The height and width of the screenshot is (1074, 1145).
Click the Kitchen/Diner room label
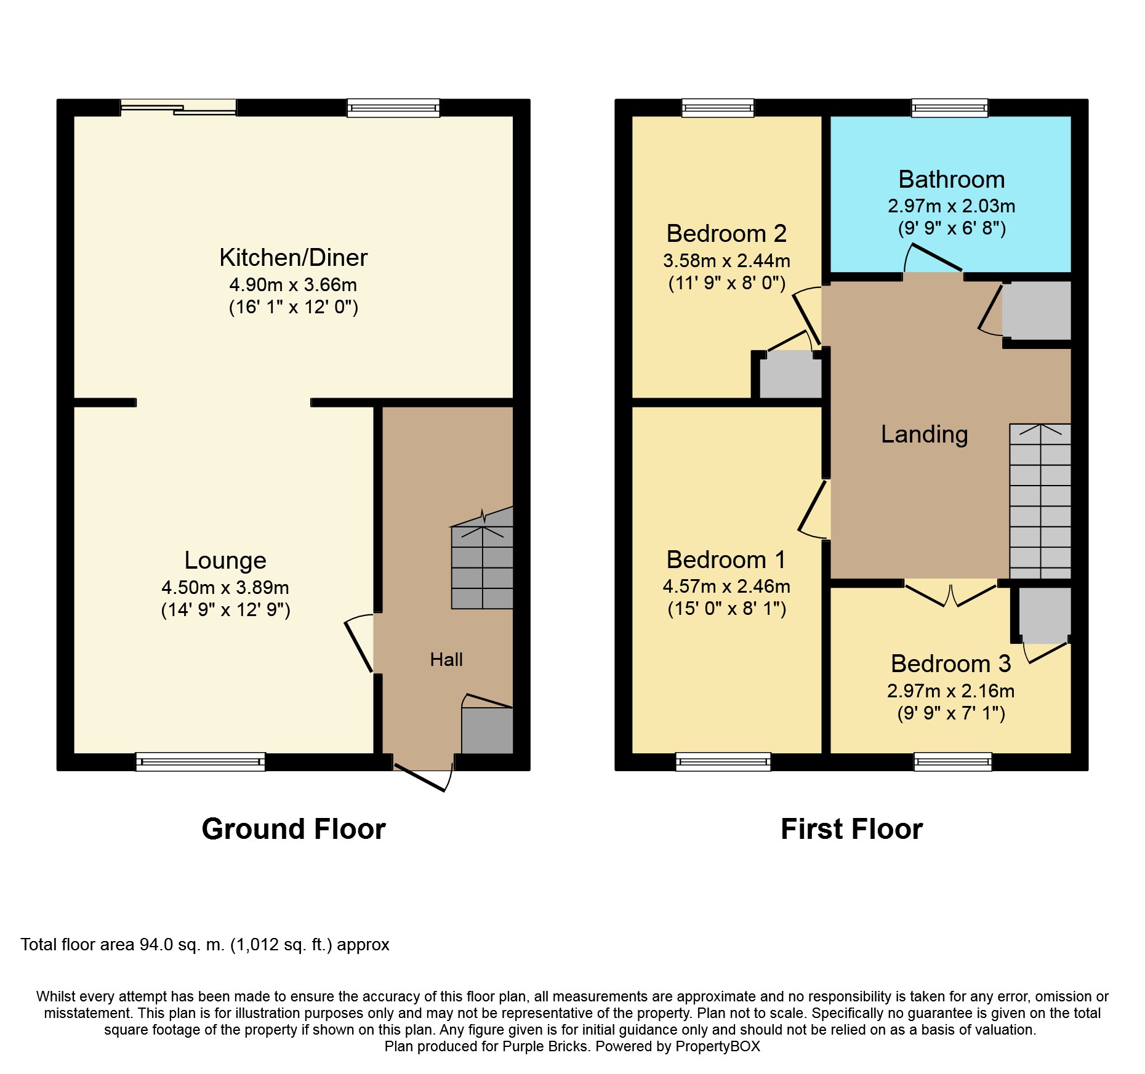(x=293, y=258)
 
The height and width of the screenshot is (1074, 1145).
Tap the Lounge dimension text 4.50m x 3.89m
(x=225, y=587)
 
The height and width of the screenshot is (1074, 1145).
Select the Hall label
(x=446, y=660)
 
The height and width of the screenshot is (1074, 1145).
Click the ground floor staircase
(x=482, y=558)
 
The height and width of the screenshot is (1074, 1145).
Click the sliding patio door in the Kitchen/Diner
(x=179, y=108)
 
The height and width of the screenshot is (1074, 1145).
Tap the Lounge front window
(x=201, y=762)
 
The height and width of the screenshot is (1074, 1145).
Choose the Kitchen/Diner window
(x=393, y=108)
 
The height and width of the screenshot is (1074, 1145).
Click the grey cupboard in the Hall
(x=487, y=730)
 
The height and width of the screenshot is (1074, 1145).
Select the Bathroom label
(x=952, y=180)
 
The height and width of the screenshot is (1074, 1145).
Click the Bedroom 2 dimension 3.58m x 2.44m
(x=726, y=261)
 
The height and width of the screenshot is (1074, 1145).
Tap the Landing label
(x=925, y=435)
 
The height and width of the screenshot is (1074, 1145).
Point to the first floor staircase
(x=1040, y=501)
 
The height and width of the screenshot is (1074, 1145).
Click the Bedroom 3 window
(x=953, y=762)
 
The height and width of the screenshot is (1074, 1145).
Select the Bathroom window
(x=950, y=108)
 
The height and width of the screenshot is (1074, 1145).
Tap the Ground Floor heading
(x=294, y=829)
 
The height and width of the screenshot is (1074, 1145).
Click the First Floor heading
(x=852, y=829)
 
